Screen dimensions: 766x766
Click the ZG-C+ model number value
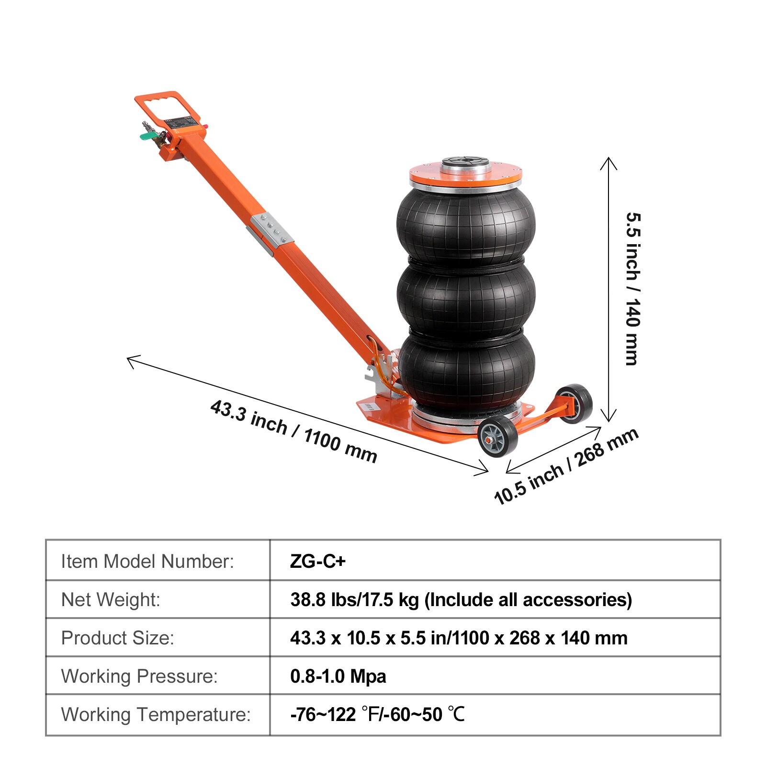[317, 561]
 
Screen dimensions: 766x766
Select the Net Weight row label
[111, 599]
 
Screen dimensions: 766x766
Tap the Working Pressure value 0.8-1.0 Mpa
[338, 676]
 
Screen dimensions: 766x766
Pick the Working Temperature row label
[156, 714]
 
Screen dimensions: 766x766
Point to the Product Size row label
[117, 638]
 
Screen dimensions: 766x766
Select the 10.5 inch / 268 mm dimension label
[566, 466]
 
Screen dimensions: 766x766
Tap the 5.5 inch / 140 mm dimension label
[632, 289]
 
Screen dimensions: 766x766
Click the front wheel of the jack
[498, 436]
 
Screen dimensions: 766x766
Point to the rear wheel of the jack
[574, 404]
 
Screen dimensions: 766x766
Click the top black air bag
[466, 225]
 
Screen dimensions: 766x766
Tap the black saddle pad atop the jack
[465, 162]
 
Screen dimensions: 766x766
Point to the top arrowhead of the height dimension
[608, 159]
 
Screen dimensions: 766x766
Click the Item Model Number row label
[147, 561]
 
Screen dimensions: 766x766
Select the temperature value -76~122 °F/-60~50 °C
[377, 714]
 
